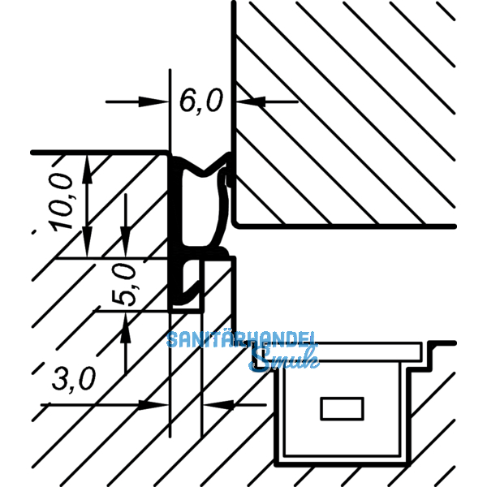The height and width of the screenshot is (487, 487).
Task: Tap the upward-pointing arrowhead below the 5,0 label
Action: coord(125,323)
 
